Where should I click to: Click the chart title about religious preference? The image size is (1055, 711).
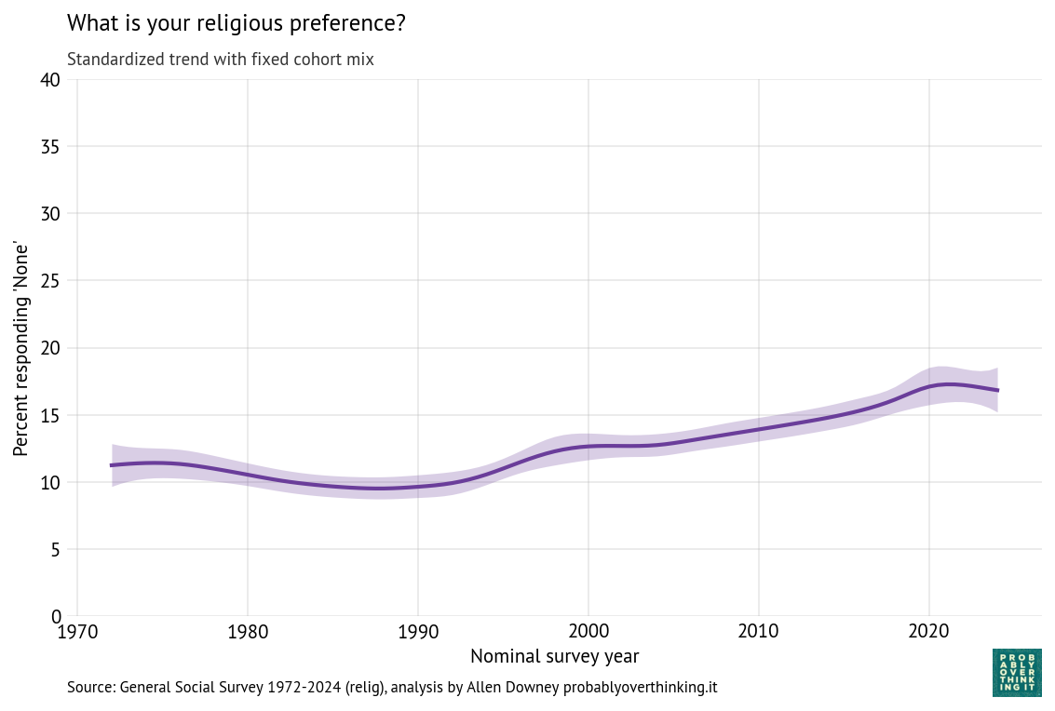[x=237, y=24]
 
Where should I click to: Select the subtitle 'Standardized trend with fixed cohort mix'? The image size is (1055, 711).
[x=221, y=60]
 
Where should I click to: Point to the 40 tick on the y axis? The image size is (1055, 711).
[x=50, y=80]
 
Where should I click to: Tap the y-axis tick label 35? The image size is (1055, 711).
[x=50, y=147]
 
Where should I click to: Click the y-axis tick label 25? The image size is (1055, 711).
[x=50, y=281]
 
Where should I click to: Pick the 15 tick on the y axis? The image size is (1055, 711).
[x=50, y=415]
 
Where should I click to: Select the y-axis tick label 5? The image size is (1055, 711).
[x=55, y=549]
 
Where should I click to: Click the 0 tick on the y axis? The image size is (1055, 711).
[x=55, y=616]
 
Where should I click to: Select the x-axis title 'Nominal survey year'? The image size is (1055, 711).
[x=555, y=657]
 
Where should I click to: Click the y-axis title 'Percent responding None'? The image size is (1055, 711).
[x=21, y=348]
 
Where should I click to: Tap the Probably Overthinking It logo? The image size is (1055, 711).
[x=1017, y=673]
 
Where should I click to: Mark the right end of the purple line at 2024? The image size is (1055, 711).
[x=997, y=390]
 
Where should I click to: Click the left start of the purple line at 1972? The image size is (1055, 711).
[x=112, y=465]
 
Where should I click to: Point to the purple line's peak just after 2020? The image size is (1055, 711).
[x=948, y=384]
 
